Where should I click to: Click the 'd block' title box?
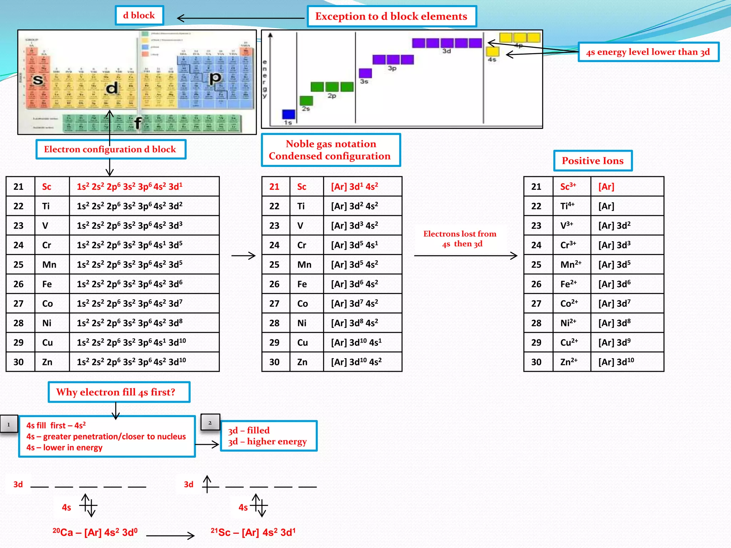pyautogui.click(x=139, y=15)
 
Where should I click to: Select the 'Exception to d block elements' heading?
pyautogui.click(x=391, y=16)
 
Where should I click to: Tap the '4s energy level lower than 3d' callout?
pyautogui.click(x=648, y=52)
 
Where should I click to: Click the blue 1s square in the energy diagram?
pyautogui.click(x=288, y=114)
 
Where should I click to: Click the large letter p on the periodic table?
pyautogui.click(x=215, y=77)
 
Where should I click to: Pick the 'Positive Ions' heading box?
pyautogui.click(x=593, y=161)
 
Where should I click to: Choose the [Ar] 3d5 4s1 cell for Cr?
pyautogui.click(x=362, y=245)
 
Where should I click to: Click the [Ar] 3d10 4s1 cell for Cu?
pyautogui.click(x=362, y=342)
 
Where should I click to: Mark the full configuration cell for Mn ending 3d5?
pyautogui.click(x=144, y=264)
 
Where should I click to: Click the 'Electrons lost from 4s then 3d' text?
pyautogui.click(x=460, y=239)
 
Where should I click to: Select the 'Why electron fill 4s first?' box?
pyautogui.click(x=119, y=392)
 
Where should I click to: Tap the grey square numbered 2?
pyautogui.click(x=210, y=423)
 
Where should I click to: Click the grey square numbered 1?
pyautogui.click(x=9, y=425)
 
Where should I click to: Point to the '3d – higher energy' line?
pyautogui.click(x=267, y=442)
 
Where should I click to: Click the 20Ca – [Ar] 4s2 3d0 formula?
pyautogui.click(x=95, y=533)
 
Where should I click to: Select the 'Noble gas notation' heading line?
pyautogui.click(x=331, y=144)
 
